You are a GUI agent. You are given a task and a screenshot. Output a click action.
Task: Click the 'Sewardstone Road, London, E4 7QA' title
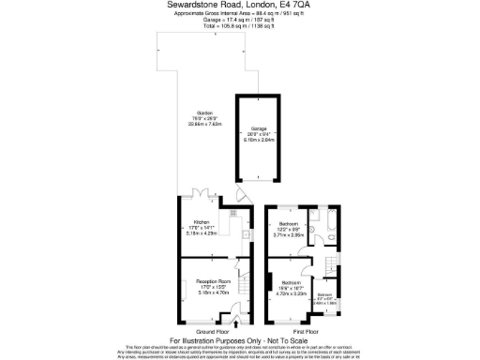point(240,5)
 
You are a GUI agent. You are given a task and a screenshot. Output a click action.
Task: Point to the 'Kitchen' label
point(202,222)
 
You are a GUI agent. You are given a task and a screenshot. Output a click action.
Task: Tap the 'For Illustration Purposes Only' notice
point(240,339)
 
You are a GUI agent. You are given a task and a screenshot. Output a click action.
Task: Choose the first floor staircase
point(331,265)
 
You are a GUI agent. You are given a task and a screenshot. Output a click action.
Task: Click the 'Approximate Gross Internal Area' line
point(240,14)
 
